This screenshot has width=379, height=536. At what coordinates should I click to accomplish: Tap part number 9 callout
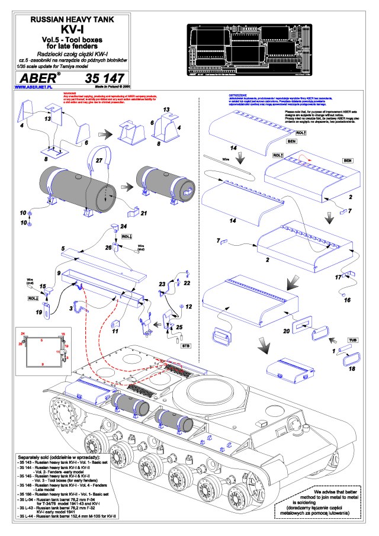(x=59, y=273)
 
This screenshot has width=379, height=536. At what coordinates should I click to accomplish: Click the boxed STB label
(x=185, y=344)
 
